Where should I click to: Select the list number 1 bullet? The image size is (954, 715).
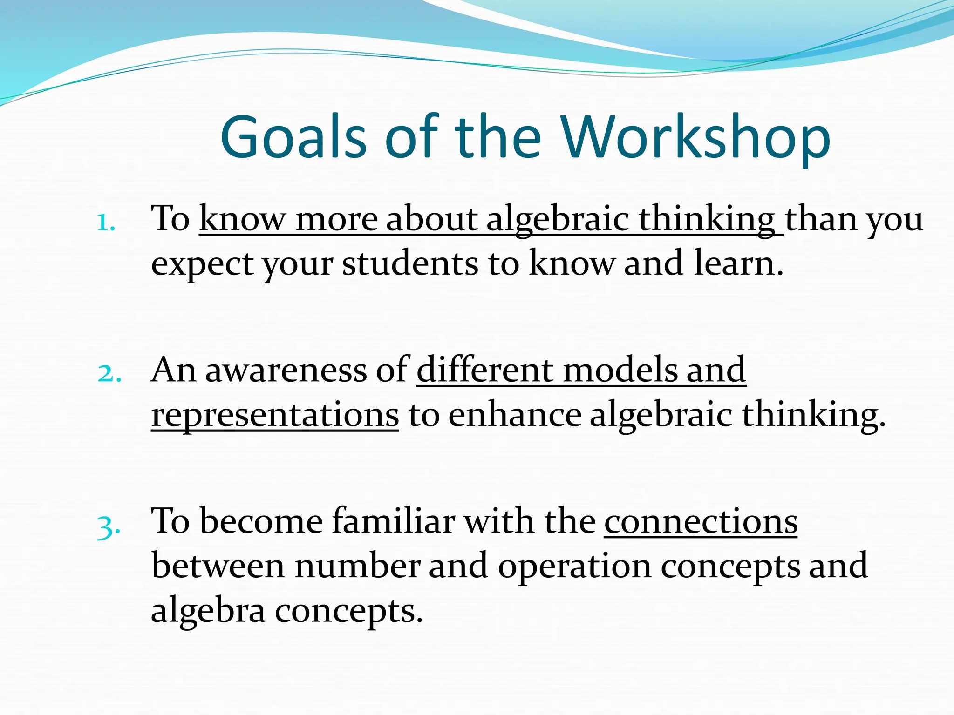[106, 223]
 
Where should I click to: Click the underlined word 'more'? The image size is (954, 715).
[336, 219]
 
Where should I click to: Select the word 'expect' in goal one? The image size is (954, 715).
[203, 264]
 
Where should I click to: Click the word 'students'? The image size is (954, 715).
[410, 263]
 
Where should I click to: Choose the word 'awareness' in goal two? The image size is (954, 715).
[286, 370]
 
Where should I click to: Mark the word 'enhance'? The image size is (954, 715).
[515, 414]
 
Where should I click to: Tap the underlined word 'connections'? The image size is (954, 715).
[701, 521]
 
